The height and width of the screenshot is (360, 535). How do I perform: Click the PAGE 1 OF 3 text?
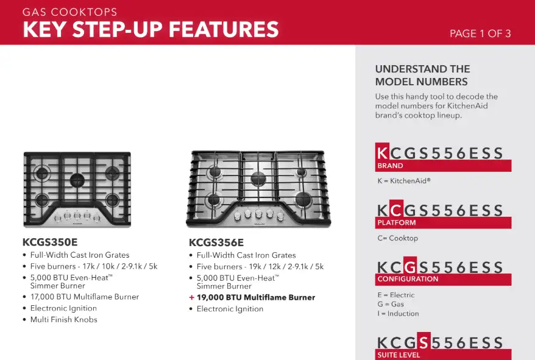coord(480,34)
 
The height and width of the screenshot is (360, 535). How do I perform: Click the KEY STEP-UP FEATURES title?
coord(151,29)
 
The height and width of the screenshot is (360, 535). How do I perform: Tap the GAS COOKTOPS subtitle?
coord(70,12)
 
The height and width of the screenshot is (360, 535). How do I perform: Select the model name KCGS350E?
coord(50,242)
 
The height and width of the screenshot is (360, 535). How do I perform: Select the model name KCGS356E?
coord(216,242)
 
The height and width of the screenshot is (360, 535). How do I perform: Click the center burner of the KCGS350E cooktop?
coord(77,180)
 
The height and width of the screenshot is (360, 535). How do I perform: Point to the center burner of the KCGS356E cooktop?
coord(258,178)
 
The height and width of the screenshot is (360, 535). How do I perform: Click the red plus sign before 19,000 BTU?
coord(192,297)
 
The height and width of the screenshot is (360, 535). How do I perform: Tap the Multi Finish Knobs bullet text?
coord(64,320)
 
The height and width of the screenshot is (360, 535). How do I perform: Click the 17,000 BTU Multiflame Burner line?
coord(85,297)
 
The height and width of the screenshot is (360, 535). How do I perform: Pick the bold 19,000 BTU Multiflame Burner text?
coord(256,297)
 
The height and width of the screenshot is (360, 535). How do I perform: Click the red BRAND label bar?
coord(443,166)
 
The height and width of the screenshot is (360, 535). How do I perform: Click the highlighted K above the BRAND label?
coord(382,152)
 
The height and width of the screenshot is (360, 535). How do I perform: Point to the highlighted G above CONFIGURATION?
coord(409,266)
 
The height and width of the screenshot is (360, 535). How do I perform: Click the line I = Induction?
coord(398,314)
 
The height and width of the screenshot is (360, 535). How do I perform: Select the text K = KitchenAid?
coord(404,181)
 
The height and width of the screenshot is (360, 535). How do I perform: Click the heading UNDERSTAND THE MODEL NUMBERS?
coord(423,76)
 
